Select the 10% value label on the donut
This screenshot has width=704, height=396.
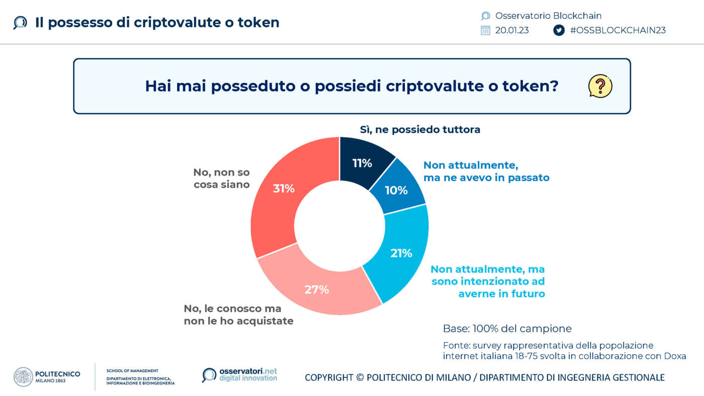click(396, 190)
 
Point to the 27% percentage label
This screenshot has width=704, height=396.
click(316, 289)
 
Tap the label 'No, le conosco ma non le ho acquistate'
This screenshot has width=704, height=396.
click(238, 314)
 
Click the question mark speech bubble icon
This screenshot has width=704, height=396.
click(600, 86)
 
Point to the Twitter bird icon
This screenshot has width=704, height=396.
click(559, 30)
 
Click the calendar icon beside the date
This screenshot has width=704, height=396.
click(485, 30)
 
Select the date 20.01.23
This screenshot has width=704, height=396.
click(512, 30)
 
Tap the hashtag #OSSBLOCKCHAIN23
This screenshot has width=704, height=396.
click(618, 30)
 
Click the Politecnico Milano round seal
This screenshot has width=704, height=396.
click(23, 377)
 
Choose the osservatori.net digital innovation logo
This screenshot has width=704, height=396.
click(239, 375)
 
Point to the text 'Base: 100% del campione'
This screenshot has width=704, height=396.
click(507, 329)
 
